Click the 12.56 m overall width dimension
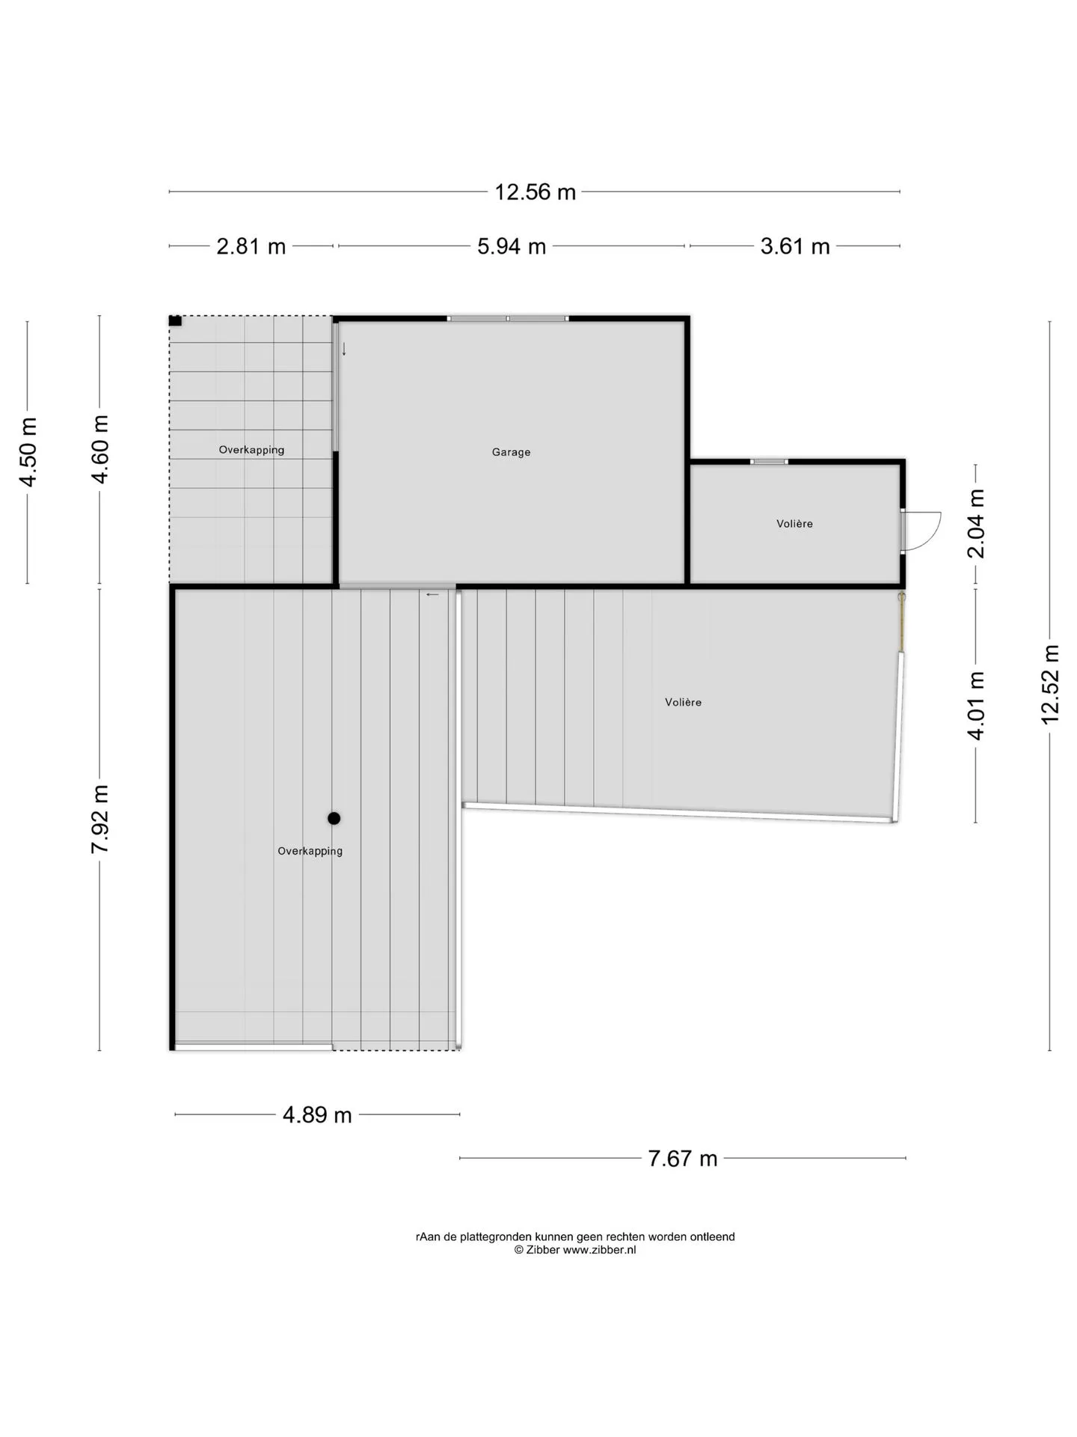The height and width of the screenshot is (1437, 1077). click(535, 192)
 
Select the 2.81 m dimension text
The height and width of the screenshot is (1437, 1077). click(251, 246)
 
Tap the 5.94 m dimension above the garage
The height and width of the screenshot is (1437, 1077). click(512, 246)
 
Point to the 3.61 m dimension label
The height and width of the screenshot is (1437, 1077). click(795, 246)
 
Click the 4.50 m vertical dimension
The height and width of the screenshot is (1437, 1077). click(28, 452)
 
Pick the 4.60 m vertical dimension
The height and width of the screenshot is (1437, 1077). click(100, 449)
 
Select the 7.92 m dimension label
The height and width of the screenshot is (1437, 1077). click(100, 819)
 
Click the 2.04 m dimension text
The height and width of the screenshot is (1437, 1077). click(976, 524)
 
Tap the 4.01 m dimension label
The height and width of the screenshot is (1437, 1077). click(976, 706)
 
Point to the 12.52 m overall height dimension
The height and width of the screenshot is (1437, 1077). click(1050, 684)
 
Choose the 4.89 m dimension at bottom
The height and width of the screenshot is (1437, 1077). click(317, 1115)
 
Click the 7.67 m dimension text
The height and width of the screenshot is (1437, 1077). click(683, 1159)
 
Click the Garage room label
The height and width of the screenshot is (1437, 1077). click(512, 452)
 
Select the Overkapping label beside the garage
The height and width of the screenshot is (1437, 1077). click(251, 450)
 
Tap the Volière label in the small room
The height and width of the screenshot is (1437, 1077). click(794, 524)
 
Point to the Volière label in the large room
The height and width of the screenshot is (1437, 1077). click(684, 702)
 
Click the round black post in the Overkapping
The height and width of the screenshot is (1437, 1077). click(334, 819)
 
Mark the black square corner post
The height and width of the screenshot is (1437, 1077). click(175, 321)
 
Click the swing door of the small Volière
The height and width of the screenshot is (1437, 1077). click(921, 531)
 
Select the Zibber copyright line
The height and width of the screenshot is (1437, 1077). click(575, 1250)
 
